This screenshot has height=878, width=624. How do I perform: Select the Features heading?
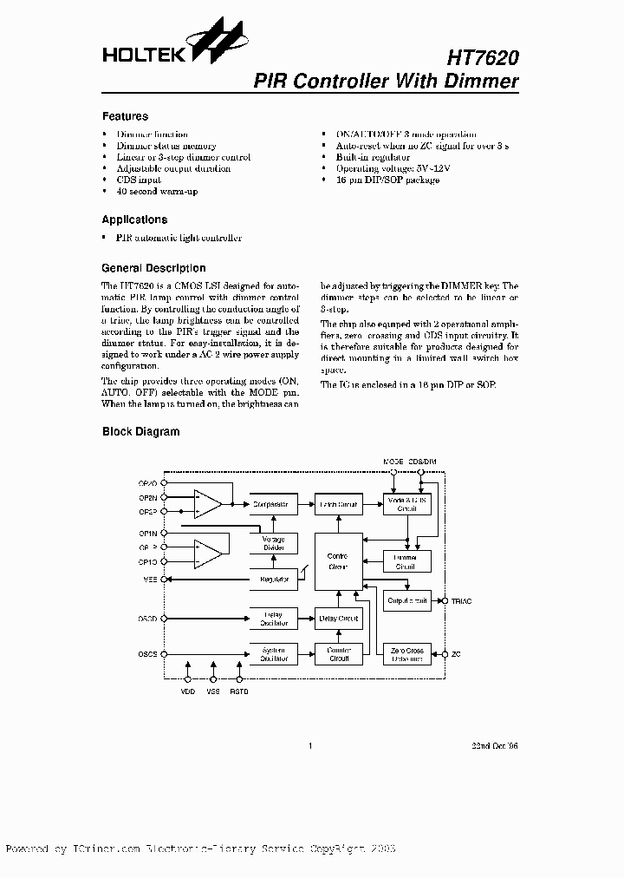[125, 116]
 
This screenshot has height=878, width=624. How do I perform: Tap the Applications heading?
[134, 220]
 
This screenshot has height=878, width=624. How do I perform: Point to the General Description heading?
[153, 268]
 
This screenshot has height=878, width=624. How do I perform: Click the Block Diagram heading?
[141, 431]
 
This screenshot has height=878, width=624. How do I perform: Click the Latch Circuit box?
[339, 504]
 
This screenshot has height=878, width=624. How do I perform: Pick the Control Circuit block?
[338, 561]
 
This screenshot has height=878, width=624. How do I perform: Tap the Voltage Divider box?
[273, 544]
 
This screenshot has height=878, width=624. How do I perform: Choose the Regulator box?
[273, 579]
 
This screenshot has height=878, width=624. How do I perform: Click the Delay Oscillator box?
[273, 619]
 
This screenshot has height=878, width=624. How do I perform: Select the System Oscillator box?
[273, 653]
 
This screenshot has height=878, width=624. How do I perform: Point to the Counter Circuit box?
[338, 653]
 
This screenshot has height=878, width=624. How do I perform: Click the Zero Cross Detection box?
[406, 653]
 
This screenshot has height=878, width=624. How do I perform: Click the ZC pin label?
[456, 652]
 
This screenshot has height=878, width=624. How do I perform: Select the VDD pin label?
[188, 691]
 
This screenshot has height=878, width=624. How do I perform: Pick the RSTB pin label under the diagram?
[238, 691]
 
